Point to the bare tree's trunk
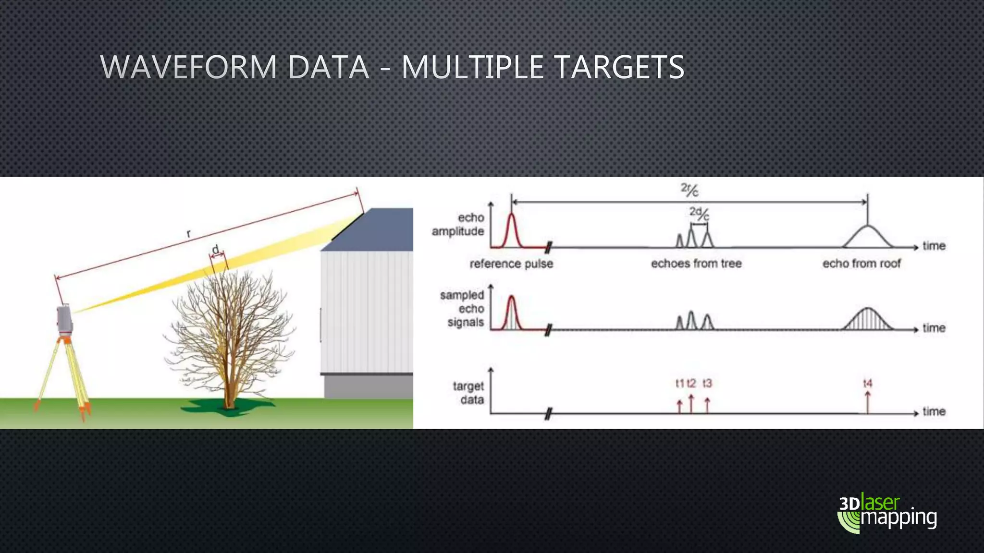tap(230, 384)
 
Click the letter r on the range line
tap(189, 234)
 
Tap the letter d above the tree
tap(216, 249)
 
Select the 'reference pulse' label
tap(511, 264)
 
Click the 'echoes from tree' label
tap(696, 264)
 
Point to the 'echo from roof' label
tap(861, 264)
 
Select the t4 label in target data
tap(867, 383)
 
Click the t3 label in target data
tap(707, 383)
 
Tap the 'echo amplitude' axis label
tap(458, 224)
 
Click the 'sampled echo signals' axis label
tap(462, 309)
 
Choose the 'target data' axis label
tap(468, 393)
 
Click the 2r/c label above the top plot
tap(689, 190)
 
